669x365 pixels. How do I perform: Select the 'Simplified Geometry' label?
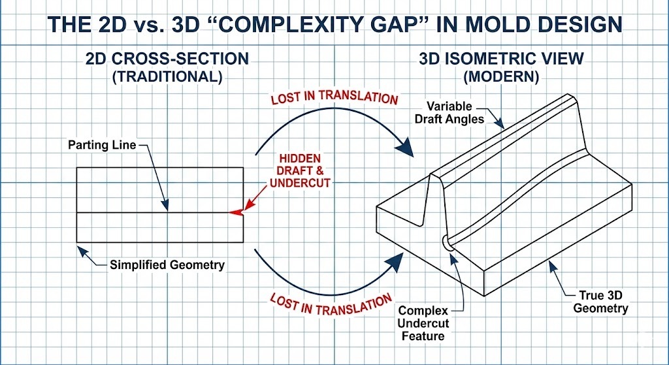point(167,264)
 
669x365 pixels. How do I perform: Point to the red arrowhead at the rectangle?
point(236,212)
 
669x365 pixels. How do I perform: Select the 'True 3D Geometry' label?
point(601,301)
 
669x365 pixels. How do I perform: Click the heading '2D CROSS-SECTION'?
point(167,59)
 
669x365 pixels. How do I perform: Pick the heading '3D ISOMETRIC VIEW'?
point(501,59)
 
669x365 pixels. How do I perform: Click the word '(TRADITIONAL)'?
point(167,76)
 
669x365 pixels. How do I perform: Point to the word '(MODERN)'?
point(501,76)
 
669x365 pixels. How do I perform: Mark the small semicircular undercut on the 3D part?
point(447,242)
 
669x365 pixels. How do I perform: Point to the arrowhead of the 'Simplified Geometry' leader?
point(80,246)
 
